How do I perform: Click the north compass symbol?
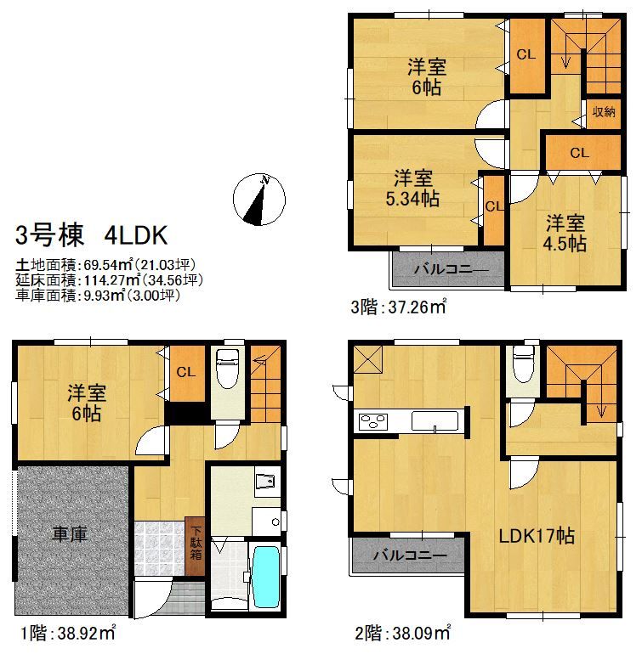point(259,200)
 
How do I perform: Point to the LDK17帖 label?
point(536,536)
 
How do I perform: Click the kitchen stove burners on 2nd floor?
point(372,420)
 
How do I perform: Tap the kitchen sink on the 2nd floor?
point(435,420)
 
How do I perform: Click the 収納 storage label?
point(603,111)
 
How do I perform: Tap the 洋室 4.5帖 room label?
point(565,233)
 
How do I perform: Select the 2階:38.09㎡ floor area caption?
point(403,633)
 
